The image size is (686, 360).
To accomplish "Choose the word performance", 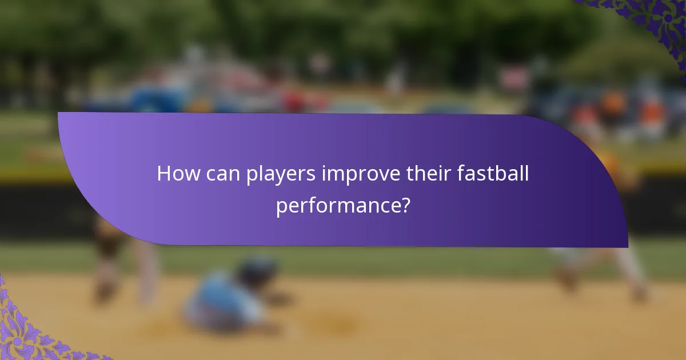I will (x=337, y=206).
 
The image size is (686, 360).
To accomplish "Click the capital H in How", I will (x=164, y=174).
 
